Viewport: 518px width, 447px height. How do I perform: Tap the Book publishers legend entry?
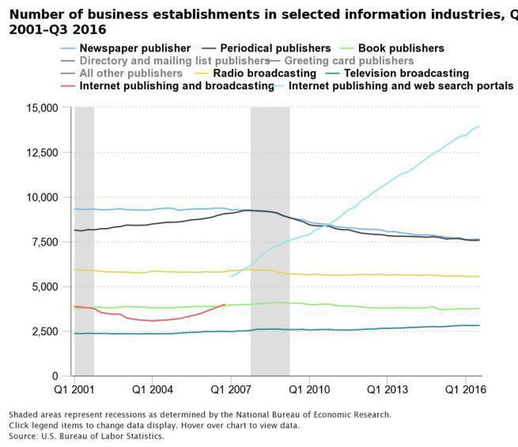400,48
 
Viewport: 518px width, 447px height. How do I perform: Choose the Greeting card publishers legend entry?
349,61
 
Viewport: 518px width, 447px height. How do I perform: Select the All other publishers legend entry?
130,74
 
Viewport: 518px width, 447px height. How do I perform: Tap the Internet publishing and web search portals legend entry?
401,85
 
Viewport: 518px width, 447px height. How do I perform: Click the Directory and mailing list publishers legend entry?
174,61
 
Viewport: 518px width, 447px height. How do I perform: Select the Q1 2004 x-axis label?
152,390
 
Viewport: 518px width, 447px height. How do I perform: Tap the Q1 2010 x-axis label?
308,390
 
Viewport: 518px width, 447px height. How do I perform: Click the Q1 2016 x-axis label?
464,390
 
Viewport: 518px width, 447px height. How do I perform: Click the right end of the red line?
225,304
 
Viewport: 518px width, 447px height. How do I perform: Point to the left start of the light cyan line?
231,276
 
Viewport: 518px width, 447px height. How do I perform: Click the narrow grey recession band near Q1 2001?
84,237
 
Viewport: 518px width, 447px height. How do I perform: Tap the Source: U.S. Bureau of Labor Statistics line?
86,436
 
